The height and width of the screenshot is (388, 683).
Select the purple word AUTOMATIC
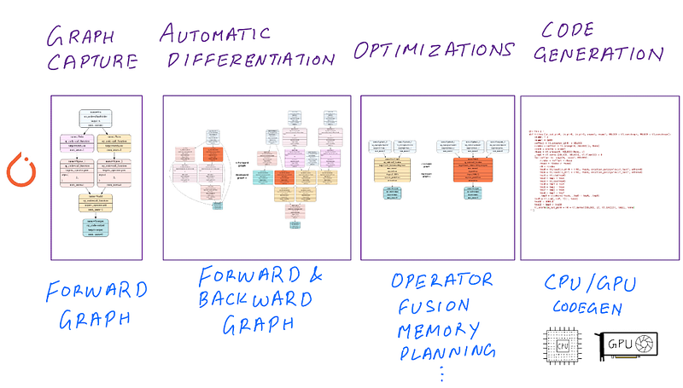tap(217, 35)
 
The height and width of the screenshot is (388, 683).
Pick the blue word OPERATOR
tap(442, 281)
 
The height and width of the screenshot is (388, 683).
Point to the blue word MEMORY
tap(441, 328)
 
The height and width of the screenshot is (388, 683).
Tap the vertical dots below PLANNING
tap(441, 373)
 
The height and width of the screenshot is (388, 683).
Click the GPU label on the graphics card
tap(620, 345)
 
